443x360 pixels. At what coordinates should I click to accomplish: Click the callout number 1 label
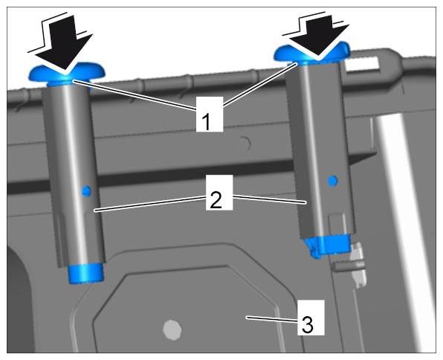210,115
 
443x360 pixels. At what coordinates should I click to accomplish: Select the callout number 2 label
219,193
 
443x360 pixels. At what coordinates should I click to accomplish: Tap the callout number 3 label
311,318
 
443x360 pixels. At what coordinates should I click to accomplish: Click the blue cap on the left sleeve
67,75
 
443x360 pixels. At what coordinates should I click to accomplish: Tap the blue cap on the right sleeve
312,54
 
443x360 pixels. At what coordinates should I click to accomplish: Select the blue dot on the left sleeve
86,191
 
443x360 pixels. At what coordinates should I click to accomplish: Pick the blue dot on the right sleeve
332,181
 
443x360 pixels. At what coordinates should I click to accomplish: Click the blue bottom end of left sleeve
86,273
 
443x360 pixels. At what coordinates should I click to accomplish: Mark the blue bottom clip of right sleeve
327,245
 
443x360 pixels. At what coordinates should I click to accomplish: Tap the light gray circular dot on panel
172,330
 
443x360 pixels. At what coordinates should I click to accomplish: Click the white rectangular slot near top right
362,64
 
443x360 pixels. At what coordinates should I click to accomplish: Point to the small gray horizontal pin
348,266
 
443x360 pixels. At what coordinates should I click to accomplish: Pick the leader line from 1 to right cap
260,85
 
